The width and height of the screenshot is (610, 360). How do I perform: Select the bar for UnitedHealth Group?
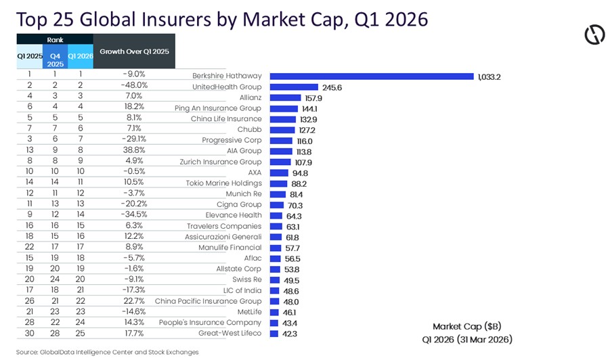click(x=294, y=87)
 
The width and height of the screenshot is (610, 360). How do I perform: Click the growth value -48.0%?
click(x=134, y=86)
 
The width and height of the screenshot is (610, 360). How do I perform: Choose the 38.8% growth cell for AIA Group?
click(x=134, y=150)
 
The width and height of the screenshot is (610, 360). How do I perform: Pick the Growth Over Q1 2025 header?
click(x=134, y=51)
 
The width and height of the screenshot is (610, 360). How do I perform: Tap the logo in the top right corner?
click(x=594, y=35)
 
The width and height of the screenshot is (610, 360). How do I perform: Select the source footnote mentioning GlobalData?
click(x=108, y=352)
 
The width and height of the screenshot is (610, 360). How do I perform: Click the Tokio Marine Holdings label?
click(x=223, y=183)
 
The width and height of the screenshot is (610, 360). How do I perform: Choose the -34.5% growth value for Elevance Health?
click(x=134, y=215)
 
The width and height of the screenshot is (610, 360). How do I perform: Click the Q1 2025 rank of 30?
click(x=29, y=333)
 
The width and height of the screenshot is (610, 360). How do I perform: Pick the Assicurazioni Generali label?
click(x=223, y=237)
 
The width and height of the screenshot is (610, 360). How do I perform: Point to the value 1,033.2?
click(x=488, y=76)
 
